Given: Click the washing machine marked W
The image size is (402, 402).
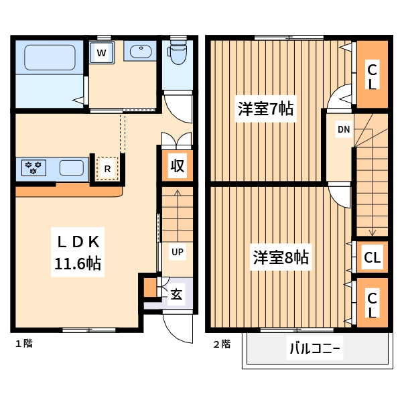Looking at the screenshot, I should pyautogui.click(x=102, y=52).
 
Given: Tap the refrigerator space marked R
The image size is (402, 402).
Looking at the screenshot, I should pyautogui.click(x=108, y=168).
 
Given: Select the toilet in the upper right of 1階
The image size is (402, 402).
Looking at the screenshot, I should pyautogui.click(x=178, y=53).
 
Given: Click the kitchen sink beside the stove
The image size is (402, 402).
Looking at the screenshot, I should pyautogui.click(x=71, y=167).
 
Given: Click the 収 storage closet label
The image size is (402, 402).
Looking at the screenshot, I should pyautogui.click(x=177, y=166).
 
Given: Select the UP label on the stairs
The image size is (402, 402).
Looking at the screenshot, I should pyautogui.click(x=177, y=252).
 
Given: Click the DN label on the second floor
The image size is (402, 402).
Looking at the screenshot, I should pyautogui.click(x=343, y=129).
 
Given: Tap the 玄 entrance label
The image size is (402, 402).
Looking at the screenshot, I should pyautogui.click(x=176, y=295).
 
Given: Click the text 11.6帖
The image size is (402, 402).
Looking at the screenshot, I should pyautogui.click(x=78, y=263).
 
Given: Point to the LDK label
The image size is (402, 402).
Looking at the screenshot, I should pyautogui.click(x=78, y=241).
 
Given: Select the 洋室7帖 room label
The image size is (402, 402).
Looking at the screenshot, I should pyautogui.click(x=266, y=109).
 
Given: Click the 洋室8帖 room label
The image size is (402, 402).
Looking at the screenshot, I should pyautogui.click(x=281, y=257).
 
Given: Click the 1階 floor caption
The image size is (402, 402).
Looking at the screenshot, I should pyautogui.click(x=24, y=344).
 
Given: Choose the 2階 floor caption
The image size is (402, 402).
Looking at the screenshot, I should pyautogui.click(x=222, y=344).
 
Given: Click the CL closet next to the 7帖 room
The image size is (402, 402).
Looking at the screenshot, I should pyautogui.click(x=372, y=75).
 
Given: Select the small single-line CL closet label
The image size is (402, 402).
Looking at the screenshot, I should pyautogui.click(x=372, y=257).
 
